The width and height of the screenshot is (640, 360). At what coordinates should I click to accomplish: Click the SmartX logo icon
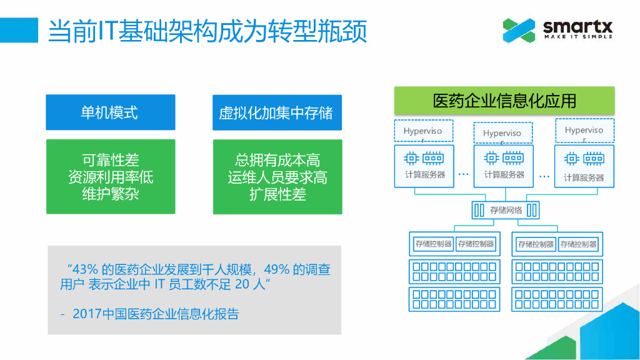[x=519, y=30]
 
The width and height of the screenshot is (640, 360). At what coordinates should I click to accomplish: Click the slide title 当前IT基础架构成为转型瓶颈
[x=207, y=31]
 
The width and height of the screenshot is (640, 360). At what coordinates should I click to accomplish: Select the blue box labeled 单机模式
[x=110, y=112]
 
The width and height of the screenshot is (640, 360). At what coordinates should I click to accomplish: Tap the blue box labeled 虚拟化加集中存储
[x=277, y=113]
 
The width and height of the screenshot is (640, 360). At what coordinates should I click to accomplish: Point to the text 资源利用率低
[x=110, y=177]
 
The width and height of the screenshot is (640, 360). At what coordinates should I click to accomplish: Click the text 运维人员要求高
[x=277, y=177]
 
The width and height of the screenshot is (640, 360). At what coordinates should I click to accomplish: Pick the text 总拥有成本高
[x=277, y=161]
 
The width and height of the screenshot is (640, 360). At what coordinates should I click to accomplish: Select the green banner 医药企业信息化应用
[x=504, y=101]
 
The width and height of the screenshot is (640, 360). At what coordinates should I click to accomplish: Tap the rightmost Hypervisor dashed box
[x=584, y=131]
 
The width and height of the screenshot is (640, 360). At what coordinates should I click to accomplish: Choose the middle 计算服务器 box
[x=504, y=166]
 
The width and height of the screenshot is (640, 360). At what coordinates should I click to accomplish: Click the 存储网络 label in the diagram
[x=506, y=210]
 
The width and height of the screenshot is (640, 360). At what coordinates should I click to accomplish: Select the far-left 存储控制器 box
[x=433, y=244]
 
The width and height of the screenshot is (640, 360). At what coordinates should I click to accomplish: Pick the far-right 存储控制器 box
[x=578, y=244]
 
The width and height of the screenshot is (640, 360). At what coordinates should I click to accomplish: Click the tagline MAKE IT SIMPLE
[x=577, y=37]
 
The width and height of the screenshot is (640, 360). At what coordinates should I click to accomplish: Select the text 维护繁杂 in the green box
[x=110, y=194]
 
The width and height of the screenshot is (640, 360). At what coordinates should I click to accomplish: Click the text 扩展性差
[x=277, y=194]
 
